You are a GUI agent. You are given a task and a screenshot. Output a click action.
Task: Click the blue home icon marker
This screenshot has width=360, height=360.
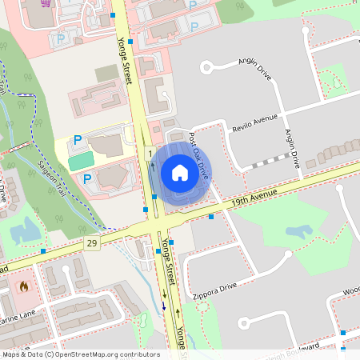point(180,173)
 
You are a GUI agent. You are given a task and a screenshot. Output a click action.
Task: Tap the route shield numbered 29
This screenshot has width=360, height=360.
point(94,242)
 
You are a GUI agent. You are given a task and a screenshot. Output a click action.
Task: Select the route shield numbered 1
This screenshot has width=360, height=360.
point(150,152)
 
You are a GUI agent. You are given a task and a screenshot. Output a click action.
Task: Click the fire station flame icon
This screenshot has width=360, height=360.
point(22,285)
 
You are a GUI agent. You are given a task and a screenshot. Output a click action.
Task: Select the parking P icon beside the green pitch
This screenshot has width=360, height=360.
point(78,140)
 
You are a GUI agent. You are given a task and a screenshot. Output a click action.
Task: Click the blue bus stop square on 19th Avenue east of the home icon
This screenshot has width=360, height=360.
point(211,216)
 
